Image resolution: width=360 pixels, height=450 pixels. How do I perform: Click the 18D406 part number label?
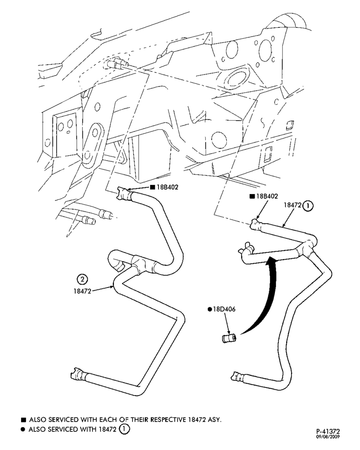pos(224,310)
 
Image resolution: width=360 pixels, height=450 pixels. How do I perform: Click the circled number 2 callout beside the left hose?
pos(82,279)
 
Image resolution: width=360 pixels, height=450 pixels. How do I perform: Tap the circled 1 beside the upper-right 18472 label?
pos(308,206)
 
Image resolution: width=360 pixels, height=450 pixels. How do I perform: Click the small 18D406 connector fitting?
pos(229,337)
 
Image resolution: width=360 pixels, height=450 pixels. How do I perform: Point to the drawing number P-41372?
pos(328,432)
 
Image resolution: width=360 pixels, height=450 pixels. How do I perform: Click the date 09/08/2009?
pos(328,437)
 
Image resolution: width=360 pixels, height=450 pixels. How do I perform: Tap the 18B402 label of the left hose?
pos(168,187)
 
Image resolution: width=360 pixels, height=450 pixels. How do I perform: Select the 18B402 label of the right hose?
pos(267,196)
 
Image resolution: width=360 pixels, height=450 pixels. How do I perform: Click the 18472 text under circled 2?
pos(82,291)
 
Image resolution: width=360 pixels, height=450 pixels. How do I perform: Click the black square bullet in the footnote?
pos(23,420)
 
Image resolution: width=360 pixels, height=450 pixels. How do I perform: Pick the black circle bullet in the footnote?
pos(23,430)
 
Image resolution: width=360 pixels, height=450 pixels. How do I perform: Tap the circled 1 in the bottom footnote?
pos(125,429)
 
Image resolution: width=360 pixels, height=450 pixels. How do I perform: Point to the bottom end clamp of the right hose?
pos(238,376)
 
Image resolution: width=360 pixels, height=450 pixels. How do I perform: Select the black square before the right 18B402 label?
pos(252,196)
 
